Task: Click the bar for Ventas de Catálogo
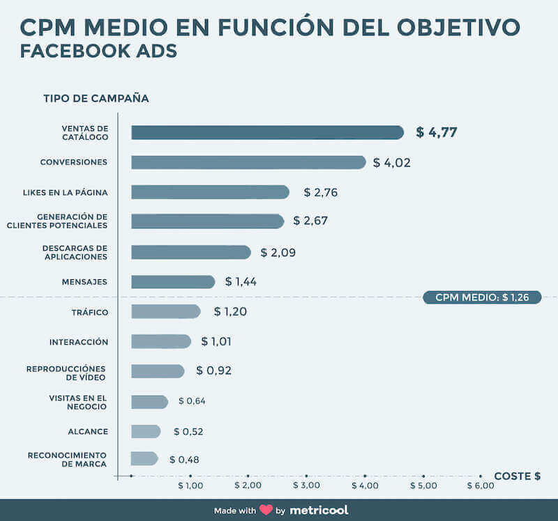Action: coord(267,132)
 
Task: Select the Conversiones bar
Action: coord(248,162)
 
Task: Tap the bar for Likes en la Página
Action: coord(210,192)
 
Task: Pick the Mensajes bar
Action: coord(173,282)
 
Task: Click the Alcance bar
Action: coord(146,431)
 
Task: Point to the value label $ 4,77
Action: coord(437,132)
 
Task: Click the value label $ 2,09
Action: coord(278,252)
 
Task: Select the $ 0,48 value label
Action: coord(183,460)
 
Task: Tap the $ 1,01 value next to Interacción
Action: coord(216,341)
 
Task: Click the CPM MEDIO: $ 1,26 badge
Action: coord(482,297)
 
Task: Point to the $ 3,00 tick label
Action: coord(306,485)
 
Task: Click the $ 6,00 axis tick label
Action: coord(481,485)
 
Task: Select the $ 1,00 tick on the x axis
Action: coord(190,485)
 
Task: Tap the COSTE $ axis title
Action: coord(517,476)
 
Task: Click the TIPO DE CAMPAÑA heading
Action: coord(96,98)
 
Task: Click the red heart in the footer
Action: coord(266,510)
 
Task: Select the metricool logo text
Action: coord(319,510)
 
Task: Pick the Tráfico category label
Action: coord(90,312)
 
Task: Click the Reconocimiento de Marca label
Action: coord(67,459)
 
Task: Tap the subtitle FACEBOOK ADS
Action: coord(98,52)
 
